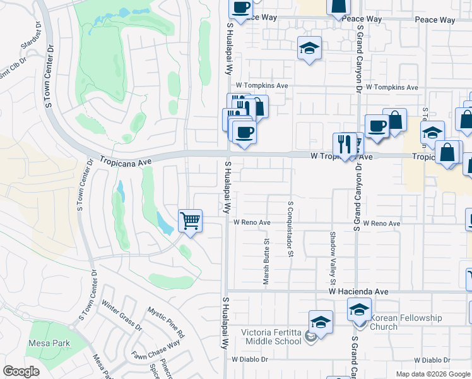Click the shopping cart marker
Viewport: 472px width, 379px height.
[x=190, y=221]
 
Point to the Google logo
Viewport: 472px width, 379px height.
[x=21, y=371]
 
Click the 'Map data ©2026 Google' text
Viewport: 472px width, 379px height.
[x=433, y=374]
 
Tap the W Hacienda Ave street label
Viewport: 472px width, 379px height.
[x=358, y=292]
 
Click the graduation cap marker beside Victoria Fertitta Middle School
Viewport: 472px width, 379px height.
[x=321, y=322]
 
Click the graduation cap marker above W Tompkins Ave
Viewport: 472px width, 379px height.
[x=309, y=48]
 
